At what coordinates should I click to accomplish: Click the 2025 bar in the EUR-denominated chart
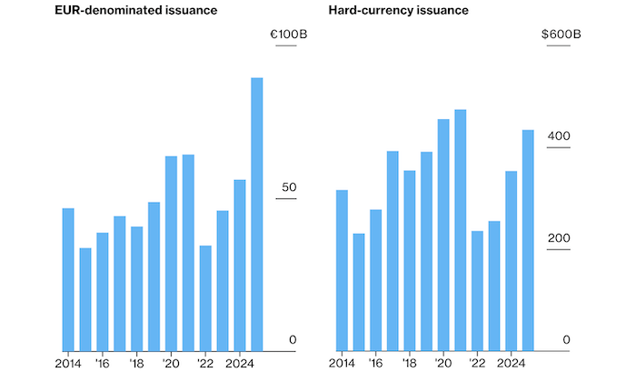pyautogui.click(x=257, y=214)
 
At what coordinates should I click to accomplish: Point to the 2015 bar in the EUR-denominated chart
pyautogui.click(x=85, y=298)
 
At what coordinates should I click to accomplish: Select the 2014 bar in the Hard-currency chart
pyautogui.click(x=342, y=269)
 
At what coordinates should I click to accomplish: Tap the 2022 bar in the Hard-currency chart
pyautogui.click(x=477, y=290)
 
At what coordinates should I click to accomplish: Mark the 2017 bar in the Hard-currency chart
pyautogui.click(x=393, y=250)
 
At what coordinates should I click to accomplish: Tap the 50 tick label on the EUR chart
pyautogui.click(x=290, y=187)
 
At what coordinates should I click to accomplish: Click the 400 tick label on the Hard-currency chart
pyautogui.click(x=558, y=136)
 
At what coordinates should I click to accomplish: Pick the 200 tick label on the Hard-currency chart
pyautogui.click(x=558, y=238)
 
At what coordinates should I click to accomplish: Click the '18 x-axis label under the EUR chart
pyautogui.click(x=136, y=361)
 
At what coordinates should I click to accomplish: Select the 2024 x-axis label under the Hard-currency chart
pyautogui.click(x=510, y=361)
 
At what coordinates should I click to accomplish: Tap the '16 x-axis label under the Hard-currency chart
pyautogui.click(x=375, y=361)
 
